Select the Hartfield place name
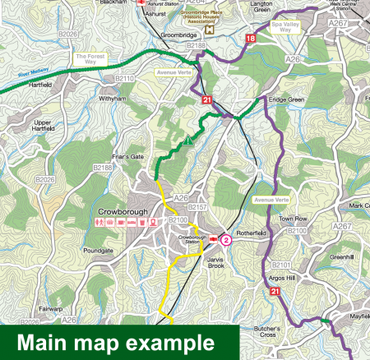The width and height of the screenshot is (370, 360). [x=40, y=85]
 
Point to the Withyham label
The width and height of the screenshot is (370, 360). [x=113, y=98]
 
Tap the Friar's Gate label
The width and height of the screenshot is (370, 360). [x=127, y=156]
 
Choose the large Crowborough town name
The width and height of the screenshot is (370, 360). [x=122, y=212]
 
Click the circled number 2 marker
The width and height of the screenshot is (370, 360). [x=226, y=240]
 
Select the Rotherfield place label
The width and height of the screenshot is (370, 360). [x=252, y=233]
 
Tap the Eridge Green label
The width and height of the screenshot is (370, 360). [x=285, y=99]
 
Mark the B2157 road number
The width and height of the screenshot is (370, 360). [x=197, y=207]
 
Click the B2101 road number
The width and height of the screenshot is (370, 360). [x=282, y=264]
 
